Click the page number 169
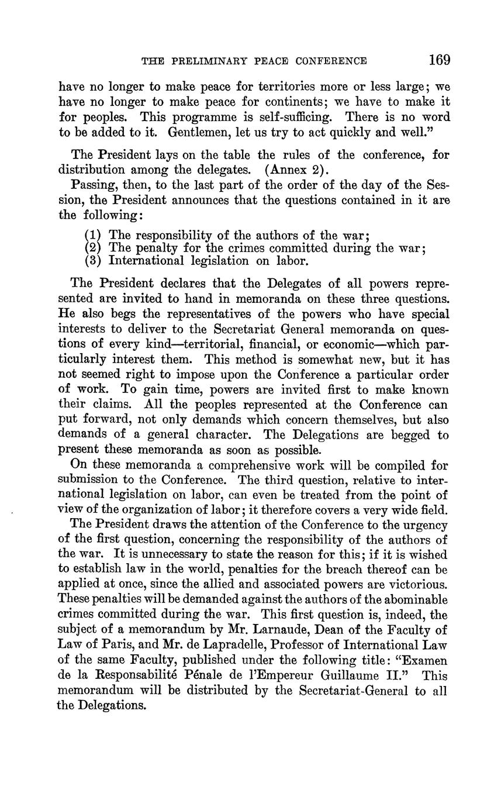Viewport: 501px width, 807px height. point(439,60)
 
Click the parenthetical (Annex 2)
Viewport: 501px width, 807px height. point(298,170)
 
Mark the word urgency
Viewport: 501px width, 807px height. point(424,525)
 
